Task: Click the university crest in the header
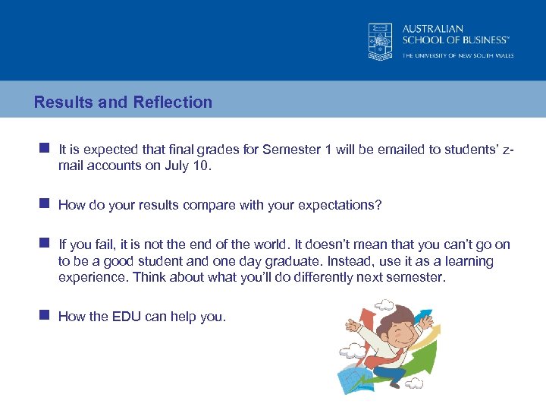pyautogui.click(x=381, y=41)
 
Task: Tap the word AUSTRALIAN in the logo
pyautogui.click(x=433, y=29)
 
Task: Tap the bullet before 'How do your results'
pyautogui.click(x=45, y=204)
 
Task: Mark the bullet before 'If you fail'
pyautogui.click(x=45, y=244)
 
